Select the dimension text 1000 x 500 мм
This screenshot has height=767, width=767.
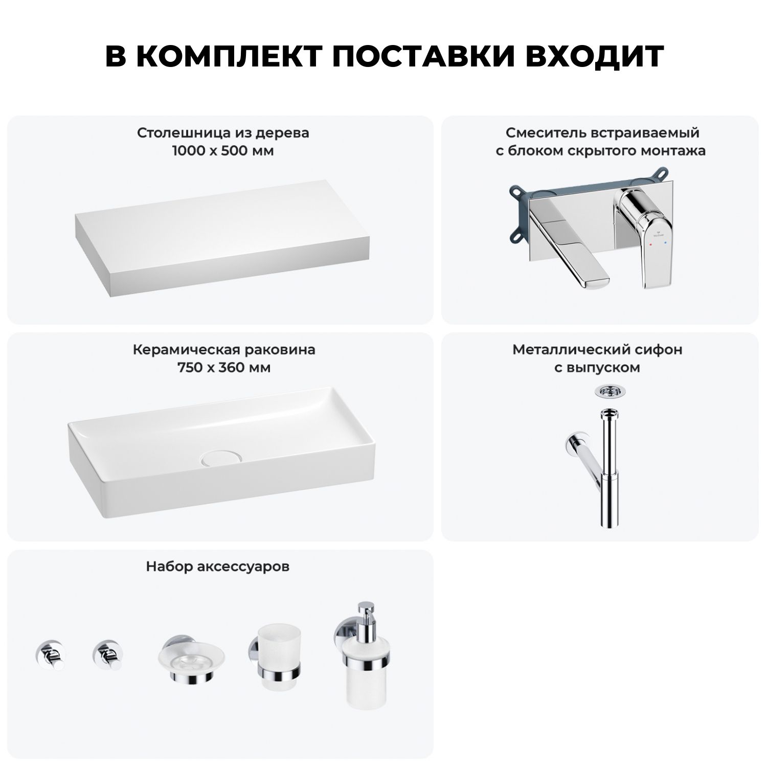point(223,151)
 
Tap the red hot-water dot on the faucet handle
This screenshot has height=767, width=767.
point(650,245)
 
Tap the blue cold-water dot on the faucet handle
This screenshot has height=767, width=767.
point(665,245)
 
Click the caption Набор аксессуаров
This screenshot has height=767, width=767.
point(218,567)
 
